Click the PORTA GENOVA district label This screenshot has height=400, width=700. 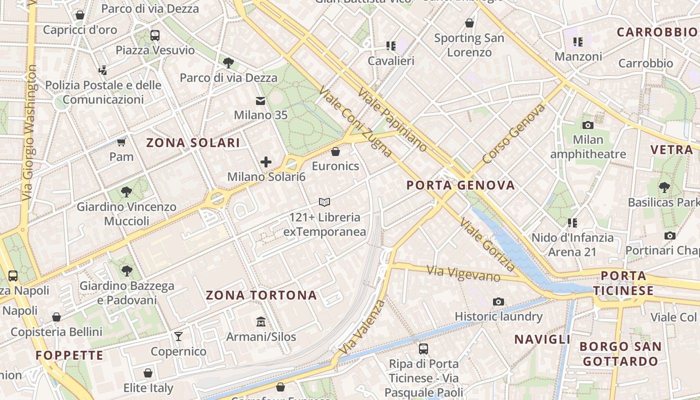pos(460,185)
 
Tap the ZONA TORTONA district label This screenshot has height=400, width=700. pos(261,295)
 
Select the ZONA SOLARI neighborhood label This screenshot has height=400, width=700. pos(193,143)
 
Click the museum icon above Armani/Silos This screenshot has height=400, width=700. pos(260,321)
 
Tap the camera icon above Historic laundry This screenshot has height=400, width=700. pos(498,301)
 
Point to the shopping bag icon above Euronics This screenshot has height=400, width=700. pos(335,151)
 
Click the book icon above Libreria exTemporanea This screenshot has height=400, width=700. pos(324,202)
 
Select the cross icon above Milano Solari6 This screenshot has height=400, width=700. pos(266,162)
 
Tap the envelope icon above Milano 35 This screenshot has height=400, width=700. pos(260,101)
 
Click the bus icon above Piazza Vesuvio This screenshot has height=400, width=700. pos(154,35)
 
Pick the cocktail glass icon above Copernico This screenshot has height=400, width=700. pos(178,336)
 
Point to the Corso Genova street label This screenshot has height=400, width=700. pos(513,133)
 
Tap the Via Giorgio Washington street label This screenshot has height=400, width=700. pos(29,132)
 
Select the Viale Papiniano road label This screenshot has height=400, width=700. pos(392,120)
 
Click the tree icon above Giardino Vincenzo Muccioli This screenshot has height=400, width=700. pos(126,191)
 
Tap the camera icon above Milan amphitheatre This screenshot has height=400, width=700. pos(588,125)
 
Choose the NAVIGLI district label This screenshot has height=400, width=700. pos(542,339)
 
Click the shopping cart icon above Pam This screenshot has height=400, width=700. pos(121,142)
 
